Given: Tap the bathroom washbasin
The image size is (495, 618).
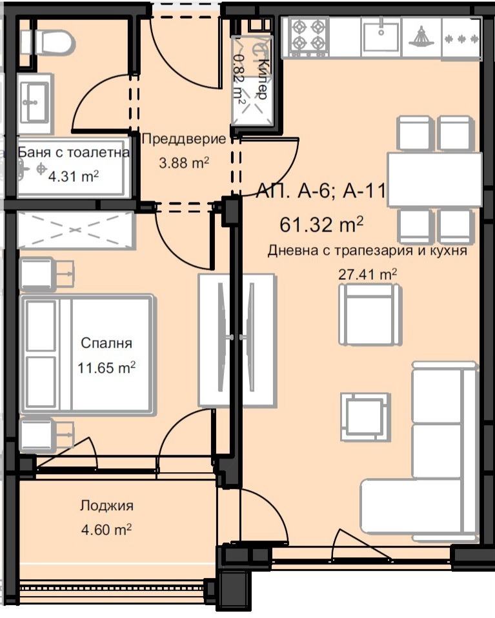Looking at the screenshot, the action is (x=35, y=103).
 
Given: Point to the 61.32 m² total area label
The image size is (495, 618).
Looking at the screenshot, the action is (x=321, y=224).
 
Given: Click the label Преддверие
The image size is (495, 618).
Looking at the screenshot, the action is (x=184, y=139).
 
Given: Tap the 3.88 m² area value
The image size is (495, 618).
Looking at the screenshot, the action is (x=184, y=163).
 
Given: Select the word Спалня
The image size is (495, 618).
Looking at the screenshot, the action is (x=106, y=343).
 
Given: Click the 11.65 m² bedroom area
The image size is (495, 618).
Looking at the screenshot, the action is (x=106, y=368).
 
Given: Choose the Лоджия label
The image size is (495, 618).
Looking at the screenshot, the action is (x=106, y=506).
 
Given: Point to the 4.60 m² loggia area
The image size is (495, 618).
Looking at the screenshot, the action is (x=106, y=530).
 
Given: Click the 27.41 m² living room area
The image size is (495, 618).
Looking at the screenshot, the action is (x=368, y=274).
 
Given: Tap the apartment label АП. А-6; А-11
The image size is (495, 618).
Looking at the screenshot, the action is (x=321, y=192).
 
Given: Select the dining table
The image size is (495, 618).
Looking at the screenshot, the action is (x=434, y=180).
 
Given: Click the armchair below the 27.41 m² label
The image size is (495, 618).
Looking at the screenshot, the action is (x=370, y=314).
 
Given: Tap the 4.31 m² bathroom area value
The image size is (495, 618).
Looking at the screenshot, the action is (x=74, y=176).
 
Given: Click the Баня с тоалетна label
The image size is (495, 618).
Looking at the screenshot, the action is (x=74, y=152).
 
